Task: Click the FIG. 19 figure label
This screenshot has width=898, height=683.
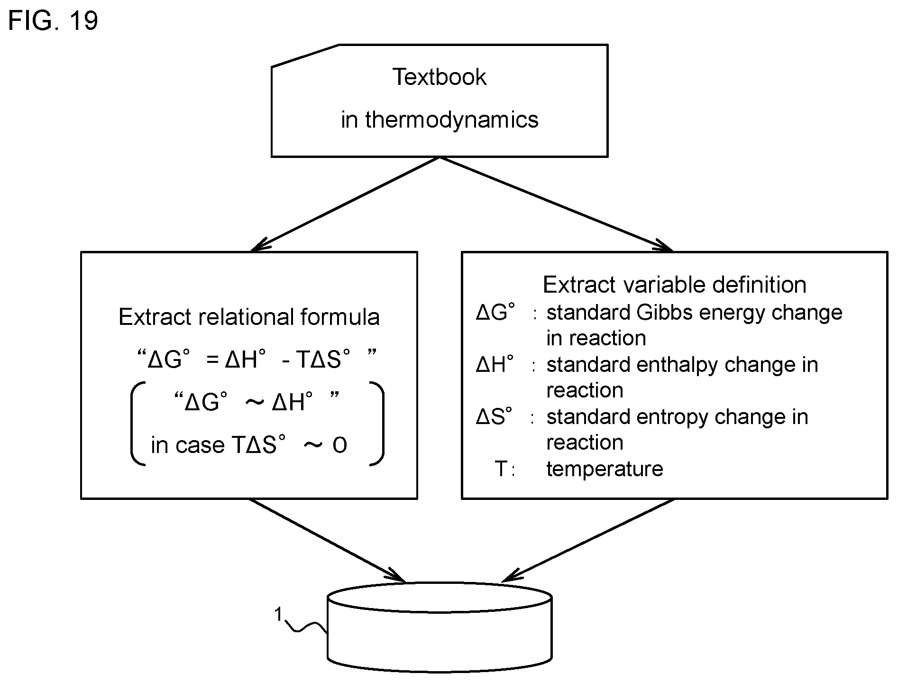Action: click(53, 20)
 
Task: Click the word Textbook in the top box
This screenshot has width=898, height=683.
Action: click(440, 77)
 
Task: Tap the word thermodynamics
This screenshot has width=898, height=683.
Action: click(452, 120)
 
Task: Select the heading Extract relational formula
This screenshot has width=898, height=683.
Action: click(249, 317)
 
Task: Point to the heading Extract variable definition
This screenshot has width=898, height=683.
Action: click(674, 285)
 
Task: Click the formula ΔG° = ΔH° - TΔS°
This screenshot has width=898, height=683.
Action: click(257, 359)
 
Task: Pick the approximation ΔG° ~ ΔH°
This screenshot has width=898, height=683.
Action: click(257, 402)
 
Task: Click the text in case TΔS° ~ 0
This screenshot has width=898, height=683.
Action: click(249, 445)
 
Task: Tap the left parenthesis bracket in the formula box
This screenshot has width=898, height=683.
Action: click(137, 424)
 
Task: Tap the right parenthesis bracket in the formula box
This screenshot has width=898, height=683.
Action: click(377, 424)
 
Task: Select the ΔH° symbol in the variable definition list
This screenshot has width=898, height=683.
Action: click(495, 365)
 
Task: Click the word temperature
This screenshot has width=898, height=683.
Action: click(605, 469)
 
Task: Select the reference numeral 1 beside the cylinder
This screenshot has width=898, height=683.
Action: click(279, 615)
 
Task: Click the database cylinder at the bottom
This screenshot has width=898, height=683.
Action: click(440, 627)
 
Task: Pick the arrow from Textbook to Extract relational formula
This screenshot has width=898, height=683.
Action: click(345, 203)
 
